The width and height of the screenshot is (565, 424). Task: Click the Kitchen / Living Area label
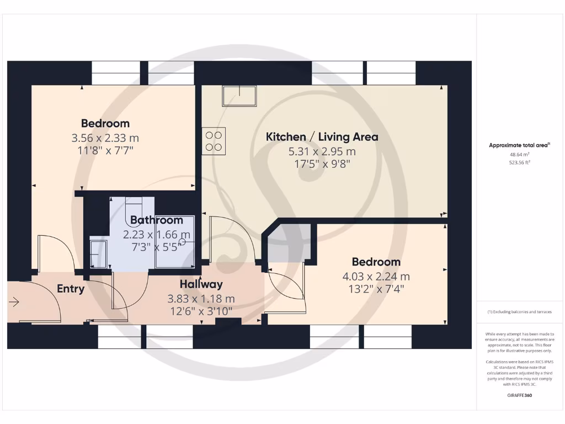pyautogui.click(x=322, y=137)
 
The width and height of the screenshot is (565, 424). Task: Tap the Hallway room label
pyautogui.click(x=201, y=284)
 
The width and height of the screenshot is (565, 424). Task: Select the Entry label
pyautogui.click(x=71, y=289)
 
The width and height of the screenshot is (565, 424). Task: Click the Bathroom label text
pyautogui.click(x=157, y=220)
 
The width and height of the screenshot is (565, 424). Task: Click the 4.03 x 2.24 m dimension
pyautogui.click(x=376, y=276)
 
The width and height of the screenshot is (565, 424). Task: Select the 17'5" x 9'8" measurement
pyautogui.click(x=322, y=164)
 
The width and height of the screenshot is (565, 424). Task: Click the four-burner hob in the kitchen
pyautogui.click(x=214, y=140)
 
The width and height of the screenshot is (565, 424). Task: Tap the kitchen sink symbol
pyautogui.click(x=239, y=96)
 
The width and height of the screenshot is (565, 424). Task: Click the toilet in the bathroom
pyautogui.click(x=134, y=208)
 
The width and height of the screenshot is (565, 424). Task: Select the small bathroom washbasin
pyautogui.click(x=99, y=253)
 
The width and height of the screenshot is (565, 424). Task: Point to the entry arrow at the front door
pyautogui.click(x=14, y=302)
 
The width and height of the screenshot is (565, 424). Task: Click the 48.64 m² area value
pyautogui.click(x=519, y=155)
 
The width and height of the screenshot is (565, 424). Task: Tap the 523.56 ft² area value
pyautogui.click(x=519, y=163)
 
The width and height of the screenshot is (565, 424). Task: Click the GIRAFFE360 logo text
pyautogui.click(x=519, y=395)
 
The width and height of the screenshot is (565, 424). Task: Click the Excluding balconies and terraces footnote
pyautogui.click(x=519, y=312)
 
